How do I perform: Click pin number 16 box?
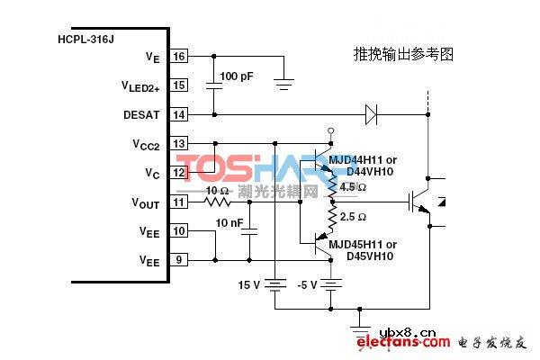(x=179, y=57)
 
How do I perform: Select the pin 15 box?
(x=179, y=85)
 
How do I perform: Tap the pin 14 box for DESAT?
(x=179, y=114)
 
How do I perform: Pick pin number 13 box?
(x=179, y=143)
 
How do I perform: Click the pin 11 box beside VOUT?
(x=179, y=202)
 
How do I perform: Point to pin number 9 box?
(x=179, y=260)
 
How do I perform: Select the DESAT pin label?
(x=142, y=114)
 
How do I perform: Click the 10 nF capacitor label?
(x=229, y=222)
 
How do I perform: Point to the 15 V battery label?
(x=249, y=284)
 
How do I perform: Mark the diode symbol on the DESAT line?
(x=370, y=114)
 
